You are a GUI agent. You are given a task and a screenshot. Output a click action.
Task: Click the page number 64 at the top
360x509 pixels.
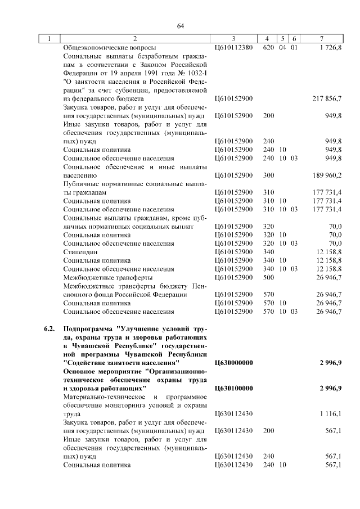(x=181, y=26)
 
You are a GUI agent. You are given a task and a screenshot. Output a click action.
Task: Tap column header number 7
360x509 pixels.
(x=321, y=39)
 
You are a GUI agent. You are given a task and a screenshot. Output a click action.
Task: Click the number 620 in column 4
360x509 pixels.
(x=268, y=48)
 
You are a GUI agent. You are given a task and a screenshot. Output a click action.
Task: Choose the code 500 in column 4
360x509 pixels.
(x=268, y=277)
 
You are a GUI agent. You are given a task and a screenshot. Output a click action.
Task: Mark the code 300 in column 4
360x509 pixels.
(x=268, y=175)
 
